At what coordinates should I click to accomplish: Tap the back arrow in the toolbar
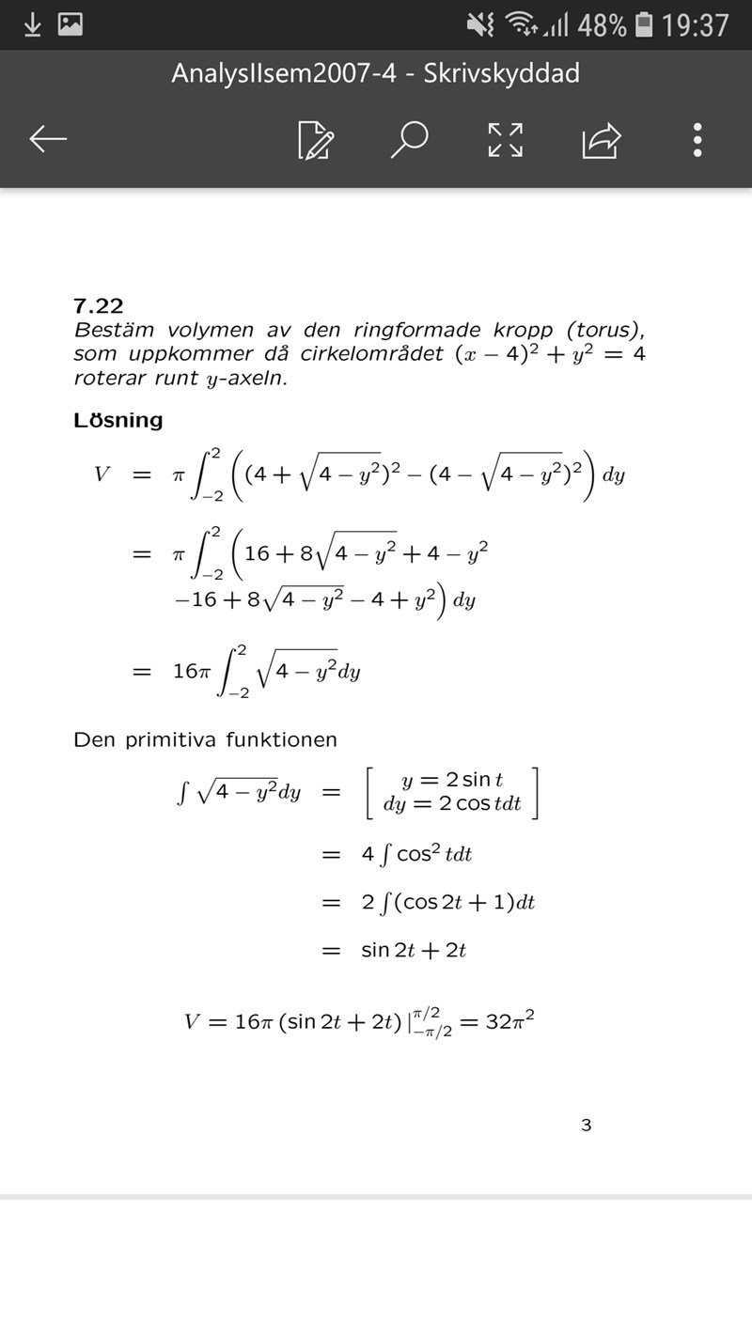[48, 139]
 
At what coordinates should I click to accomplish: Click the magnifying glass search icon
[410, 139]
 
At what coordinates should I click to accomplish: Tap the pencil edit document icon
[315, 140]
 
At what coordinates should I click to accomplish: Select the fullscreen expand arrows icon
[506, 139]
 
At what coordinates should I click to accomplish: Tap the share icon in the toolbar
[602, 140]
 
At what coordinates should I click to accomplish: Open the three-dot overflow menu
[697, 139]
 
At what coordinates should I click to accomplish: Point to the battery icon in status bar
[644, 24]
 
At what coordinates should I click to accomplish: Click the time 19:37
[695, 25]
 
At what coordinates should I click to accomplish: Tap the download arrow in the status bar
[32, 24]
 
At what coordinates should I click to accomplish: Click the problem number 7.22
[99, 305]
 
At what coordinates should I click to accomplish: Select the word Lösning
[118, 421]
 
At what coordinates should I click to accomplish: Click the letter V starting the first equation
[102, 474]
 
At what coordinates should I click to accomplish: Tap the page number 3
[587, 1125]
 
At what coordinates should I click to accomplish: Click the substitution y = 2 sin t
[451, 779]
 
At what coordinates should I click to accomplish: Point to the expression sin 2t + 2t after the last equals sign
[414, 950]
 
